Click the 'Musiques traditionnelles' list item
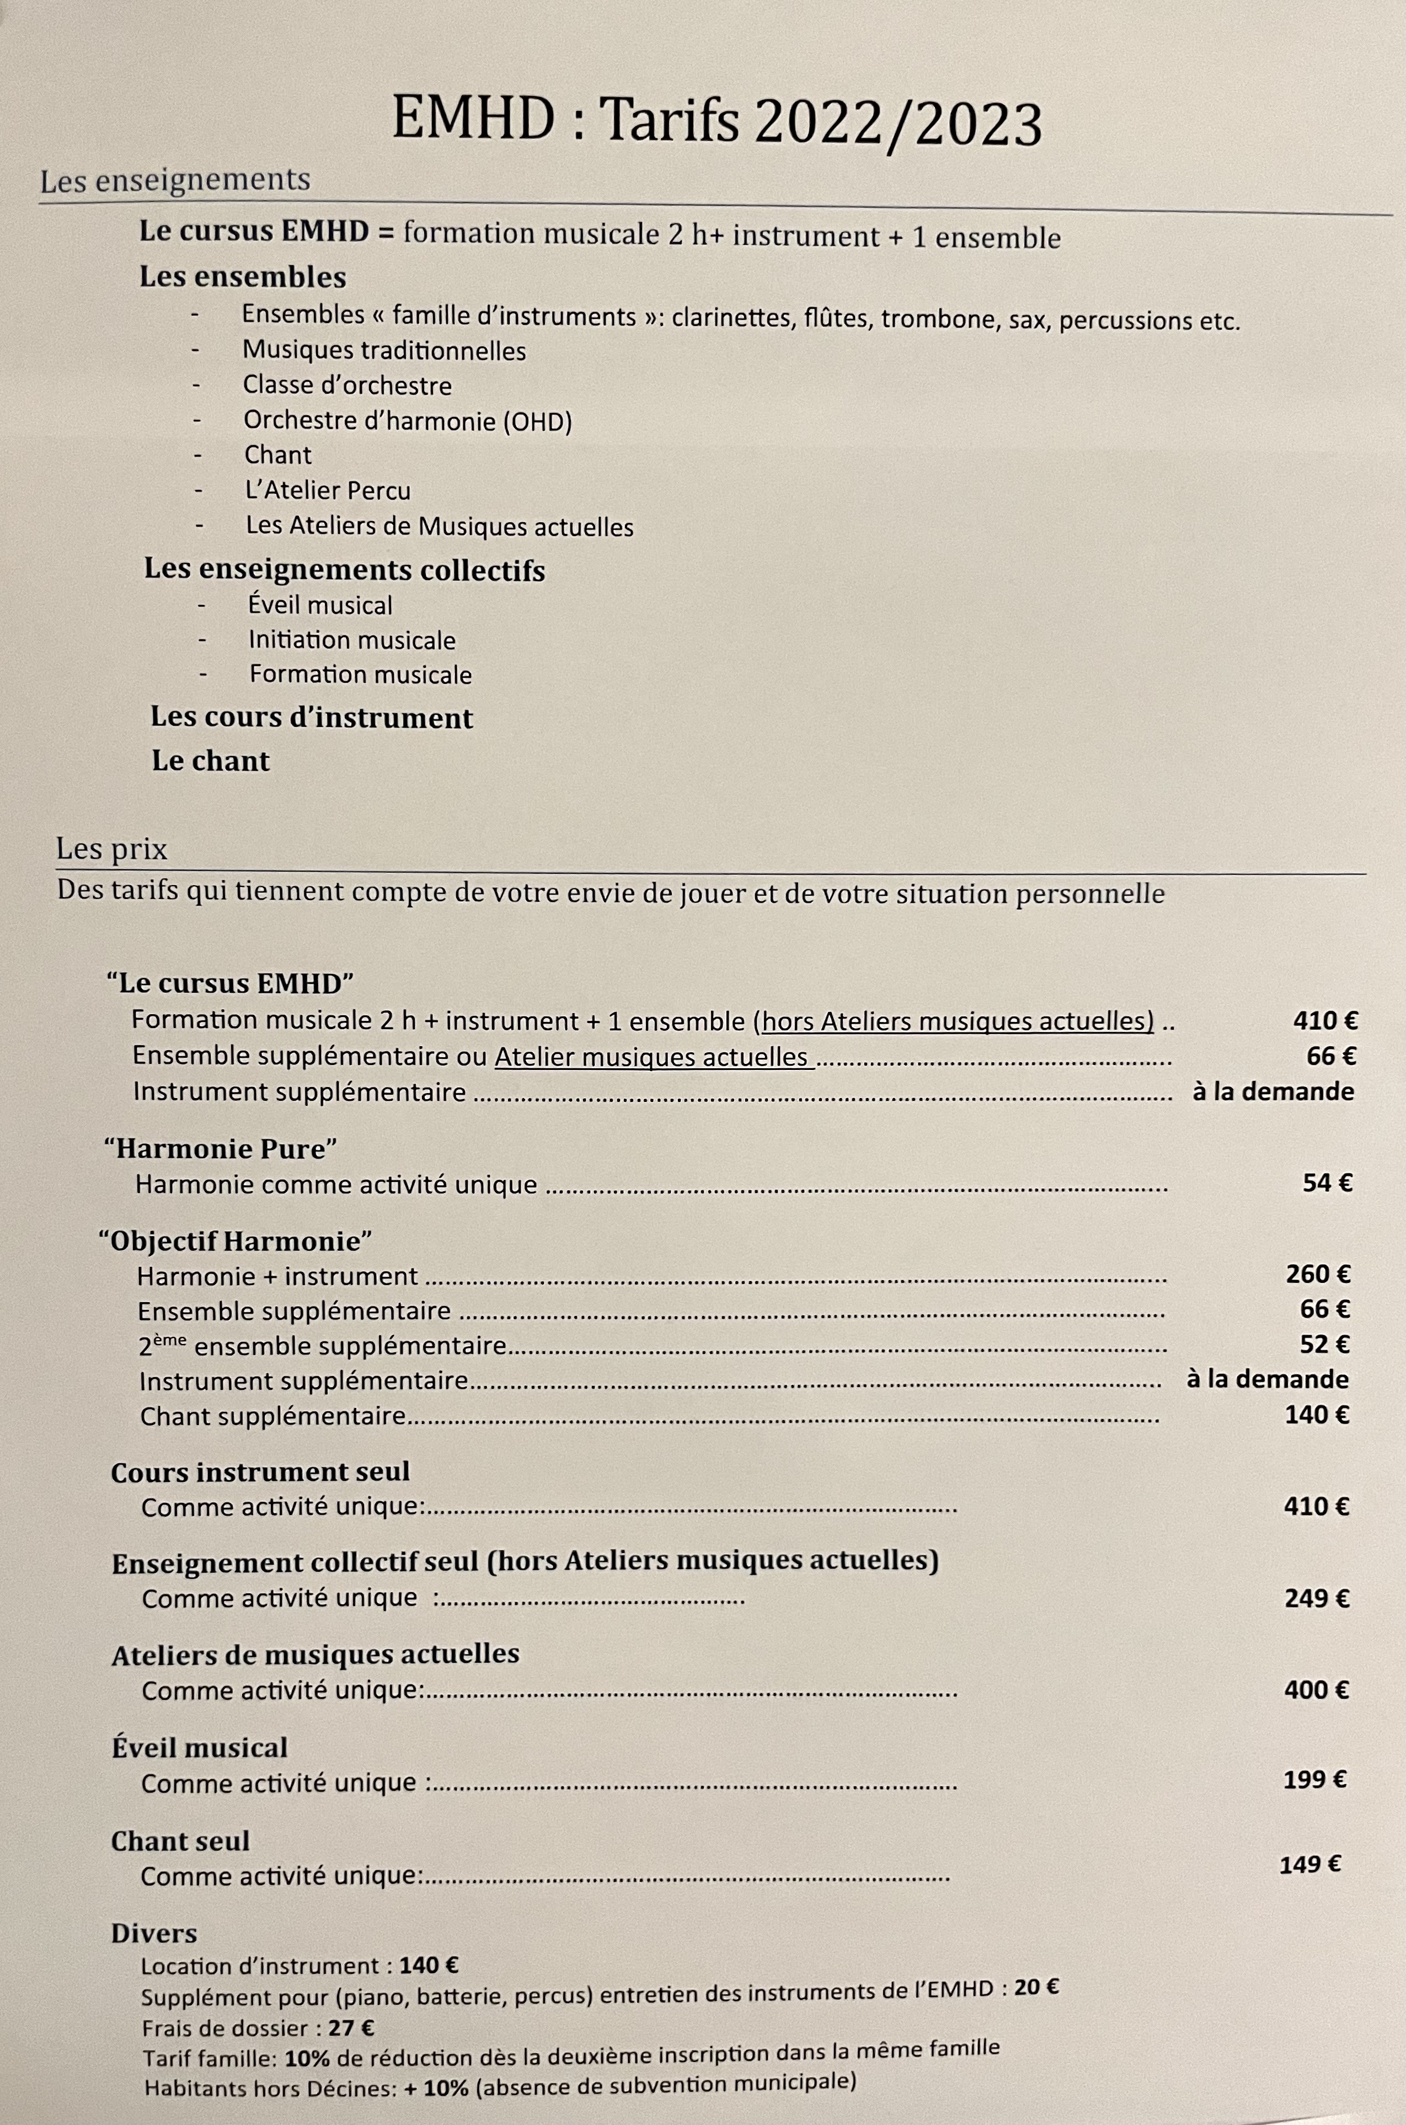coord(384,351)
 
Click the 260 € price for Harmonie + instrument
coord(1318,1274)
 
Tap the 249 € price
coord(1316,1598)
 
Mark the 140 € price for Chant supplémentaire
coord(1316,1414)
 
